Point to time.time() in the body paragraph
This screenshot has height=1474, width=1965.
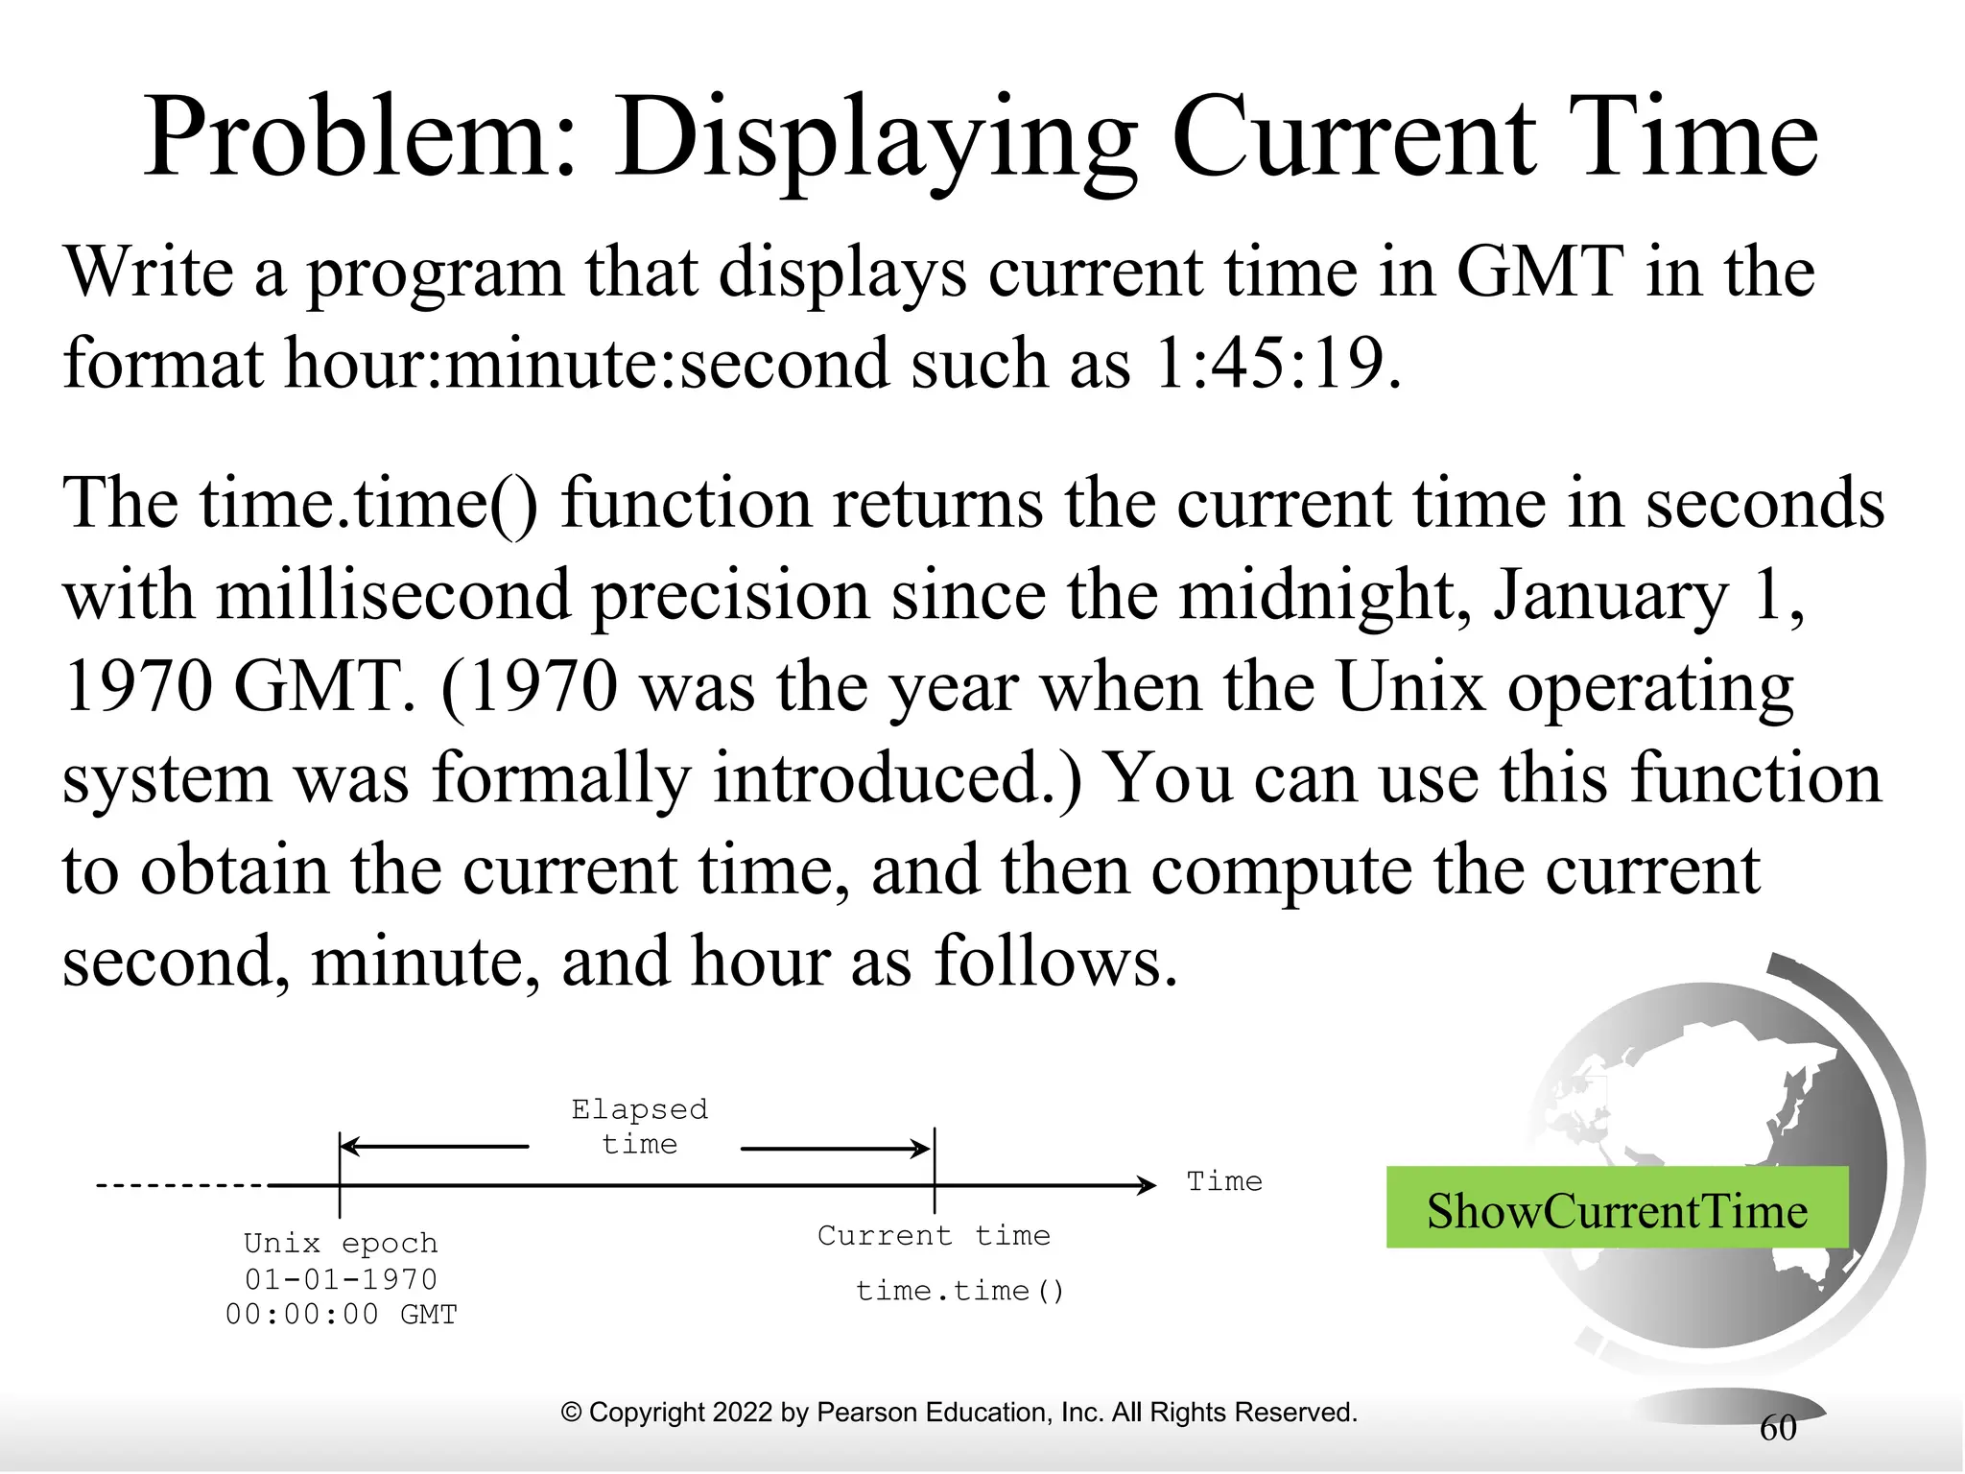point(370,504)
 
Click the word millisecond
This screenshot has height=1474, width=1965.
point(393,596)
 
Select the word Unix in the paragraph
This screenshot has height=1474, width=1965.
point(1409,687)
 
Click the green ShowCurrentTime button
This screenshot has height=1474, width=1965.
point(1617,1209)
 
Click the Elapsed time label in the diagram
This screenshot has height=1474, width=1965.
point(639,1127)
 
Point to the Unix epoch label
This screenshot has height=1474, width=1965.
point(341,1244)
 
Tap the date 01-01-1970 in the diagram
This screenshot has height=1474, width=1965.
point(341,1279)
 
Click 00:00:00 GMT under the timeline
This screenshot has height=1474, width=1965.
point(341,1315)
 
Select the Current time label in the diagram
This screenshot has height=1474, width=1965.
point(934,1236)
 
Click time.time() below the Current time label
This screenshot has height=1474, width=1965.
point(960,1291)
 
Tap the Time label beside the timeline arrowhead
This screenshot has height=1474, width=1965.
point(1224,1181)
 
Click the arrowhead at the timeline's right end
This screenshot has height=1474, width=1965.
point(1148,1186)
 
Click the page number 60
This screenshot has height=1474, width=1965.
point(1777,1429)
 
